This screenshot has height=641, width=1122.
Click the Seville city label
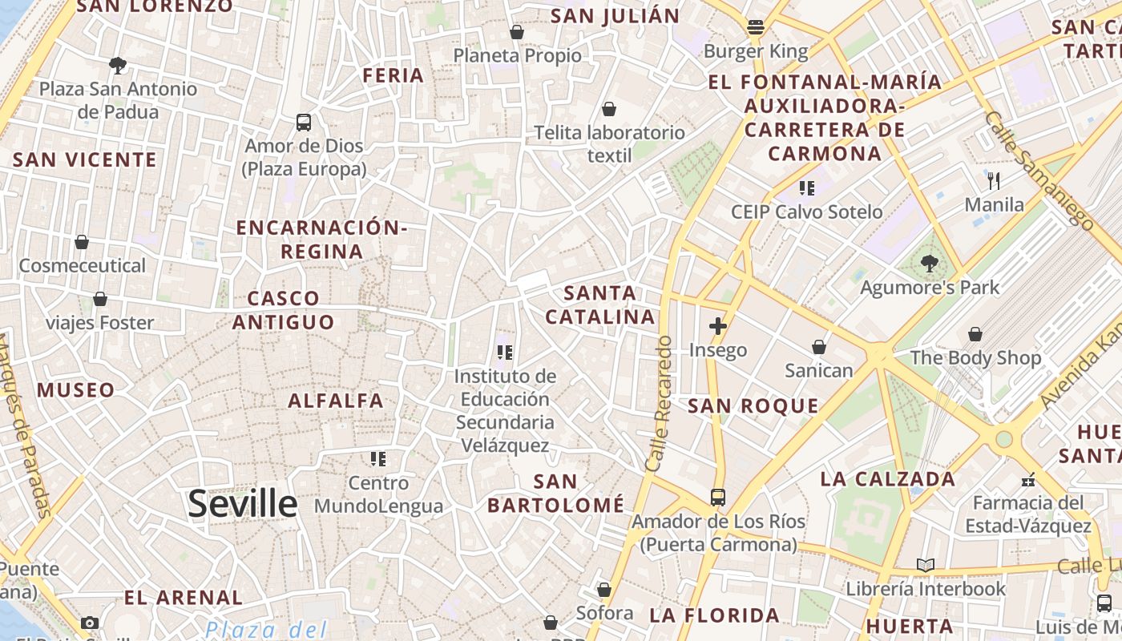coord(243,504)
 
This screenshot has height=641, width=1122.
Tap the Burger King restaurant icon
coord(755,27)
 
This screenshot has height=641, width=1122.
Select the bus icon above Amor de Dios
coord(304,123)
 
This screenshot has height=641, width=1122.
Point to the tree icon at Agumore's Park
coord(930,262)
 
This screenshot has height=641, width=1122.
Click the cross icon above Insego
coord(718,326)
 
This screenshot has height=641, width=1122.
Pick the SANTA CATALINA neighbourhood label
coord(600,304)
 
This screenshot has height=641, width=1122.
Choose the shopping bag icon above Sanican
coord(819,347)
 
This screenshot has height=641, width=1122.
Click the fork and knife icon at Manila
coord(994,180)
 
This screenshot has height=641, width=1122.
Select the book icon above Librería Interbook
coord(926,566)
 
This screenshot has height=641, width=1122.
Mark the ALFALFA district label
coord(336,401)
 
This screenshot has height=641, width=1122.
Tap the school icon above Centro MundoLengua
coord(377,459)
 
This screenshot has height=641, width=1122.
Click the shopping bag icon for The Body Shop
coord(975,334)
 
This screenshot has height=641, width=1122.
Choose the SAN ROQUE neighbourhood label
coord(753,406)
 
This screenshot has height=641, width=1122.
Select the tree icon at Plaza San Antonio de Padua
coord(118,65)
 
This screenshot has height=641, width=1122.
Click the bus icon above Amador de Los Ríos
coord(718,498)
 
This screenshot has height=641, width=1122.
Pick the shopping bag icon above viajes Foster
coord(100,300)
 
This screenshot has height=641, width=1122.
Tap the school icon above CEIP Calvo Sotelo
coord(807,188)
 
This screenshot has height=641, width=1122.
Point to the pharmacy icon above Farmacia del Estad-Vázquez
coord(1028,481)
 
